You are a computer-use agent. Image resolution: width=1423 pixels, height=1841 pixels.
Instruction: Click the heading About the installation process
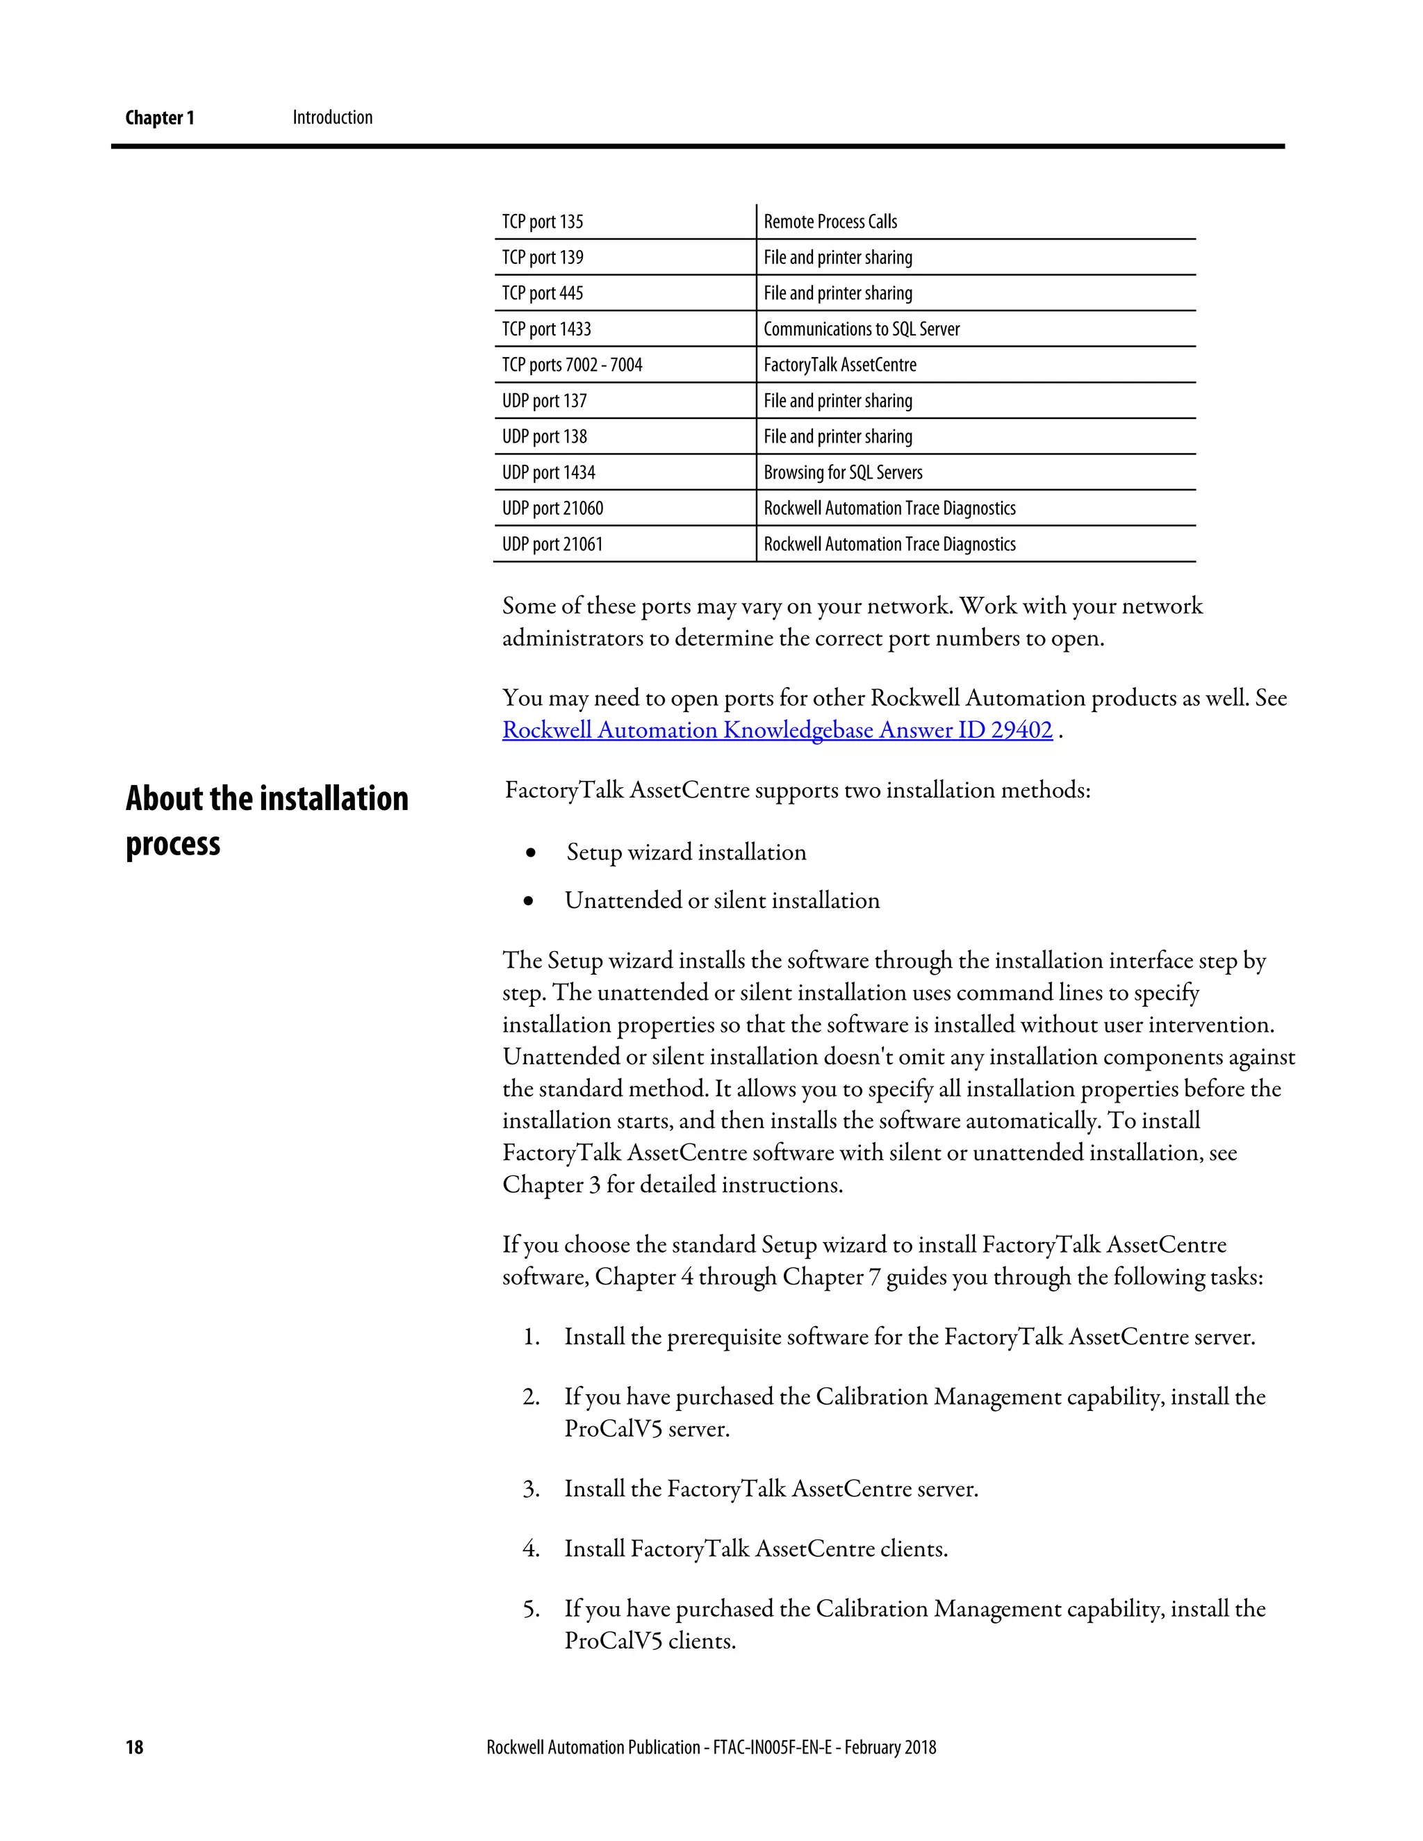point(266,820)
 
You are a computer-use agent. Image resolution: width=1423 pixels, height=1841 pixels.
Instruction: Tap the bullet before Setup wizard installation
point(530,853)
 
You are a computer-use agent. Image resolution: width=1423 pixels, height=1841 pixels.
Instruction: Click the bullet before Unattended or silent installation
point(529,901)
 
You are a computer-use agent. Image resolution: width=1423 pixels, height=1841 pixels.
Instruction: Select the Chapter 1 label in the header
point(159,118)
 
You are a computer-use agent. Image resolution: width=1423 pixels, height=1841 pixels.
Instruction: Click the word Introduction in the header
point(332,117)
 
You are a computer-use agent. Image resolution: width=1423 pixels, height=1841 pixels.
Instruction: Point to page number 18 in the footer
point(135,1747)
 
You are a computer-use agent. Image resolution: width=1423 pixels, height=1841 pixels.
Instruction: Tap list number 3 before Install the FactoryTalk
point(530,1489)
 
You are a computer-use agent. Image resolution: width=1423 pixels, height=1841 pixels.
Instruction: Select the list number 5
point(530,1609)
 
